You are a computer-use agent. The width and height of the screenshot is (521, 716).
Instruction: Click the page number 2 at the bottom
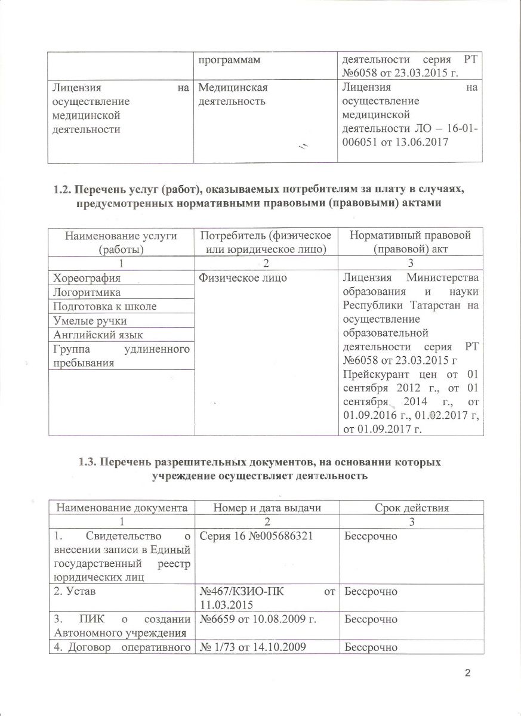click(x=467, y=674)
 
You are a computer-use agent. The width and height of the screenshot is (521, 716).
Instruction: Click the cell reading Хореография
click(x=87, y=278)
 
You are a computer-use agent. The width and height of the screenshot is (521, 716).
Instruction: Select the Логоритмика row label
click(x=87, y=292)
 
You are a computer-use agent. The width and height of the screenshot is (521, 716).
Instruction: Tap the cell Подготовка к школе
click(x=104, y=307)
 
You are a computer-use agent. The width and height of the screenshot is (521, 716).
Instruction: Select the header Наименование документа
click(x=118, y=508)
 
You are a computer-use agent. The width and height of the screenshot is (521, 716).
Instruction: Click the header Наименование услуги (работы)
click(x=118, y=241)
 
